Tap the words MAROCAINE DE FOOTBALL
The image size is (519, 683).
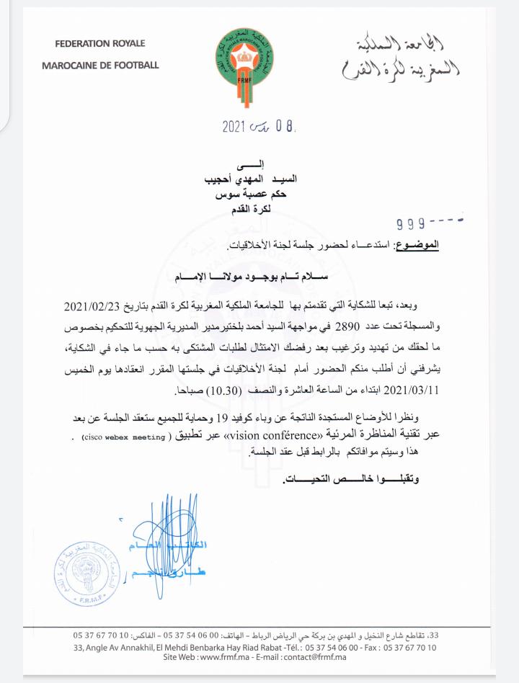coord(100,66)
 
